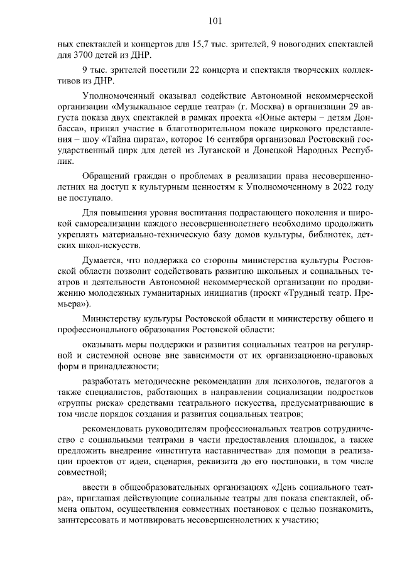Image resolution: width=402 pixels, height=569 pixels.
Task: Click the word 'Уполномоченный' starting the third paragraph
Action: click(x=118, y=95)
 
